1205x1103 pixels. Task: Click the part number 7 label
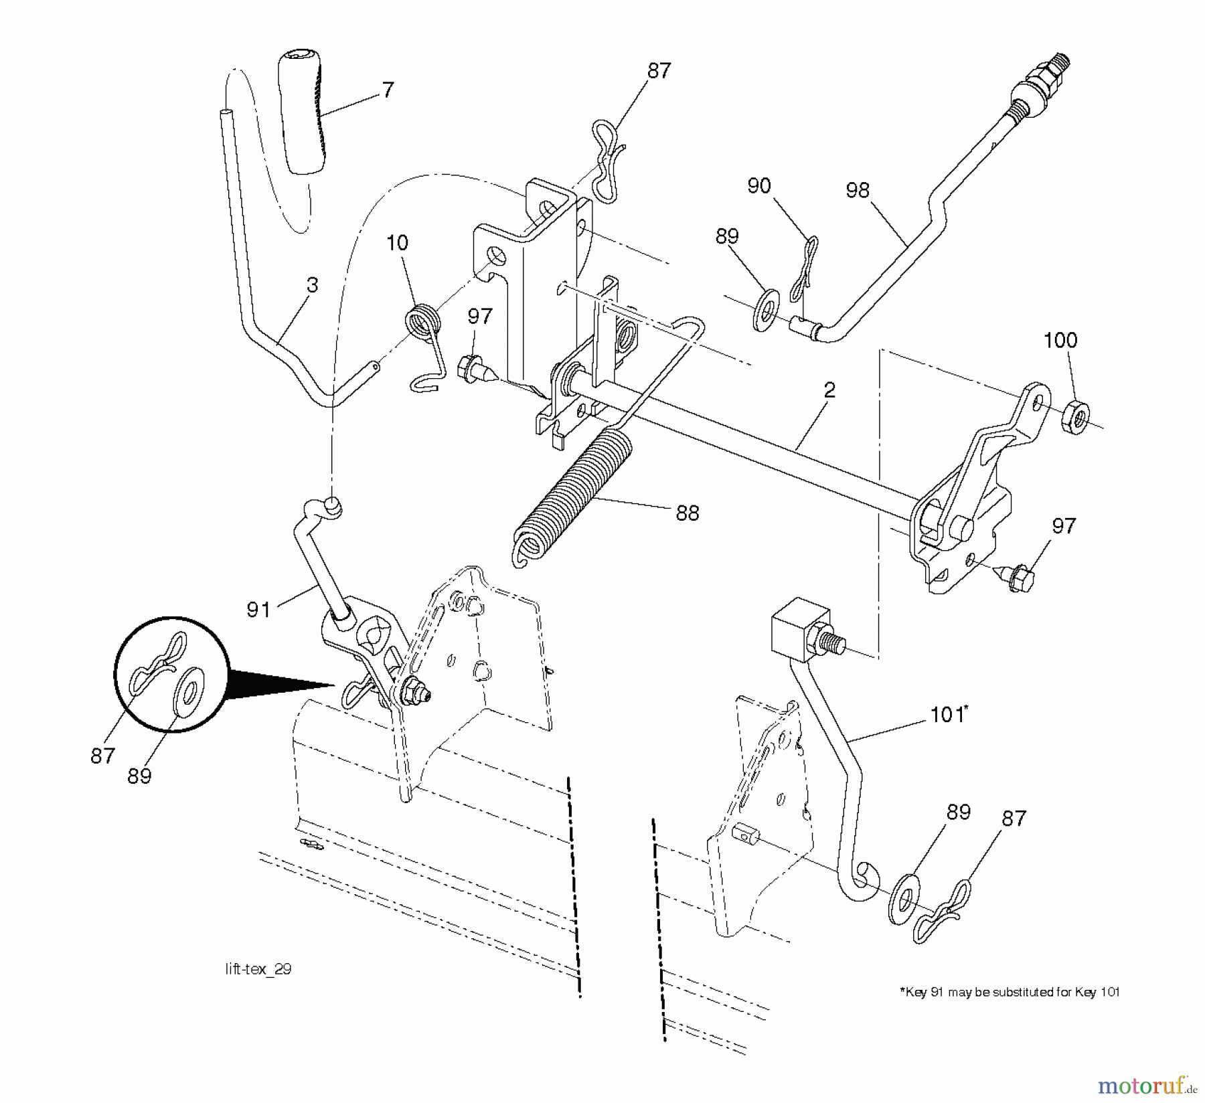pos(388,90)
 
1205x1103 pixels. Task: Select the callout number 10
pos(397,242)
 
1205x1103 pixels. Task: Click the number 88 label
pos(687,513)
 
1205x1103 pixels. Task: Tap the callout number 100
pos(1060,340)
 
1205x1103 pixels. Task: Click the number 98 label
pos(858,190)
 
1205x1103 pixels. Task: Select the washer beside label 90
pos(766,309)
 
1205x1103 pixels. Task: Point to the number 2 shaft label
pos(829,390)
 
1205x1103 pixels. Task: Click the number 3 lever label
pos(312,285)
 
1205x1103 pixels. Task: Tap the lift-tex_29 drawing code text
pos(258,969)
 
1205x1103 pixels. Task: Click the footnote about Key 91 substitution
pos(1010,992)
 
